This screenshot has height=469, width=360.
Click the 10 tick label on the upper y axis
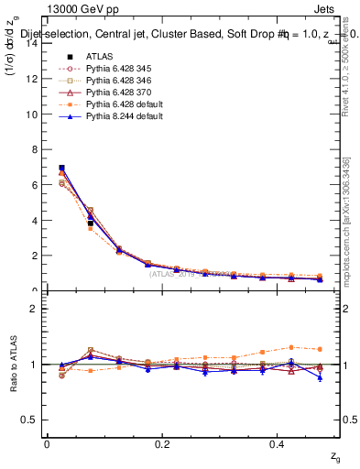[x=33, y=115]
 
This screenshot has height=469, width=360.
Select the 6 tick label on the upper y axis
[x=36, y=185]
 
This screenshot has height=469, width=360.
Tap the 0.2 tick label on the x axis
[x=163, y=444]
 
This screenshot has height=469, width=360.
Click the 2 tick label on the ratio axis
[x=36, y=309]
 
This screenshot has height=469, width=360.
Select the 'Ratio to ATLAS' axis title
[x=16, y=364]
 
